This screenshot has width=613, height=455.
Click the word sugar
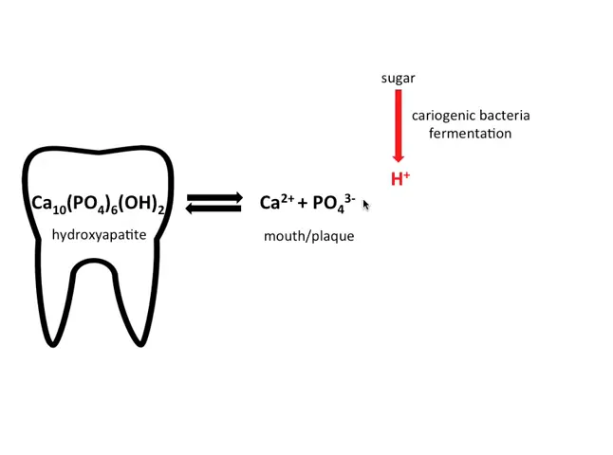(x=398, y=78)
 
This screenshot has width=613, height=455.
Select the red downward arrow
(x=399, y=127)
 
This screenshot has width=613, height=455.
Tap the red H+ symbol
(x=399, y=178)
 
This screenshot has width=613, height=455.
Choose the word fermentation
(x=470, y=134)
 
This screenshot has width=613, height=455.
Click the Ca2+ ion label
(x=277, y=202)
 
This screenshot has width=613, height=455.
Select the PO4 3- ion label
(x=333, y=203)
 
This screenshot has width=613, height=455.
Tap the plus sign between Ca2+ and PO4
(x=303, y=203)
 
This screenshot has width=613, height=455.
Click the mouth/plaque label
(x=308, y=236)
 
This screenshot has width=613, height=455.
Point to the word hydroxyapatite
(x=99, y=233)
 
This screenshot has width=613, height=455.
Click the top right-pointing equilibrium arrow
(x=214, y=197)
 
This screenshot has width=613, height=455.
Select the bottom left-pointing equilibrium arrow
(x=214, y=209)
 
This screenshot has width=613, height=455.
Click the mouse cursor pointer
(x=365, y=205)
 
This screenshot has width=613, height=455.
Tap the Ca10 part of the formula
(x=48, y=204)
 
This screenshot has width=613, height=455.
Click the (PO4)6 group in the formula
(x=94, y=204)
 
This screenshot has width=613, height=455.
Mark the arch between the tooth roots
(x=98, y=269)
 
